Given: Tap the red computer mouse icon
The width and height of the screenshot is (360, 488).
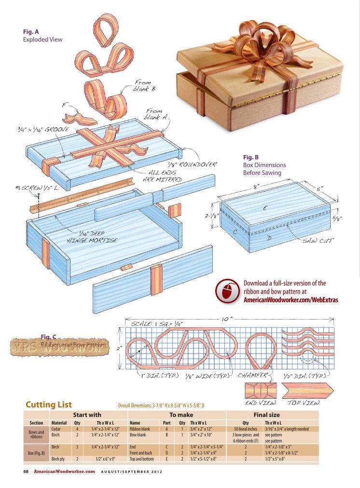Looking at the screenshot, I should pyautogui.click(x=227, y=291).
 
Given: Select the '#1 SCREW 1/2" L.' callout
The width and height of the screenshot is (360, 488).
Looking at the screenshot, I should pyautogui.click(x=37, y=187).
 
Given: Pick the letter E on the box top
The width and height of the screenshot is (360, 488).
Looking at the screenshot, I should pyautogui.click(x=265, y=208).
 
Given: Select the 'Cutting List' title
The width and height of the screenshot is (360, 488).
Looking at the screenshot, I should pyautogui.click(x=48, y=404).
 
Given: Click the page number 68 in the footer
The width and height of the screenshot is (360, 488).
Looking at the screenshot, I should pyautogui.click(x=27, y=472).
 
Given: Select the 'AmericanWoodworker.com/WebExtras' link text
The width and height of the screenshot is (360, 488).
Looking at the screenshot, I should pyautogui.click(x=291, y=300).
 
